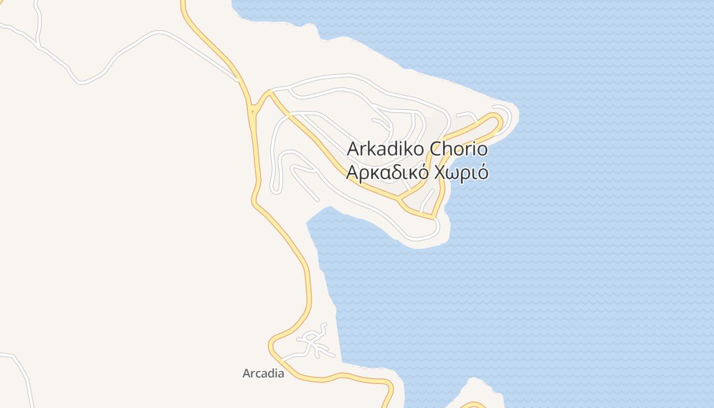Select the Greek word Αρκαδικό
pyautogui.click(x=388, y=173)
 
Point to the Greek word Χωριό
pyautogui.click(x=461, y=173)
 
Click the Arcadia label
pyautogui.click(x=263, y=373)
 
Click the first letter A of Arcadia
pyautogui.click(x=247, y=373)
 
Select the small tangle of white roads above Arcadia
pyautogui.click(x=315, y=341)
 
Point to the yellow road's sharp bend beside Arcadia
pyautogui.click(x=272, y=347)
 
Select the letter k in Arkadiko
pyautogui.click(x=366, y=149)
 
